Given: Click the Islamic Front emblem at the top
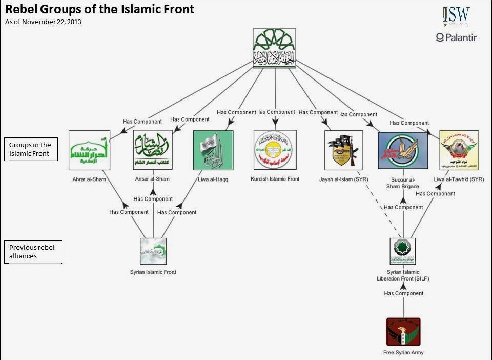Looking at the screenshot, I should (x=275, y=48).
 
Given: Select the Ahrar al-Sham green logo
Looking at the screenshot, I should (x=90, y=150).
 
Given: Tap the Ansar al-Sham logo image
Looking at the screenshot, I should (x=153, y=150).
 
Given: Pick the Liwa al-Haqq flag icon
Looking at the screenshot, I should (x=213, y=150).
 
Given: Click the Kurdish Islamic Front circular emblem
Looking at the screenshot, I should (x=275, y=150).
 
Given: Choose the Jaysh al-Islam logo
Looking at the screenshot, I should (x=344, y=150).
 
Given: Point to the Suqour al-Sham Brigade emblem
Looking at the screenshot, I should (x=403, y=150).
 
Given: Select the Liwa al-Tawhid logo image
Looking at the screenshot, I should (x=459, y=150).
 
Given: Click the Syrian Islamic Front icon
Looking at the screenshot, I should (x=153, y=251).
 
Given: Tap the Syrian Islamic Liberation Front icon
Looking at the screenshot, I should (x=403, y=251).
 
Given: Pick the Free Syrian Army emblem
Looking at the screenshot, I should (x=403, y=332).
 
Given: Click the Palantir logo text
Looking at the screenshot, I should (x=456, y=37).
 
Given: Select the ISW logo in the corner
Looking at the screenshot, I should (x=456, y=16).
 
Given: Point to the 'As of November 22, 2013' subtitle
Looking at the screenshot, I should (x=43, y=22).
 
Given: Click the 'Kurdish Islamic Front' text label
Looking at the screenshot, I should (x=275, y=179).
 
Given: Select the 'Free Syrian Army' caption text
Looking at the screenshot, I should (x=403, y=353).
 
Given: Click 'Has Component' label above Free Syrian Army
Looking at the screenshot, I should (x=404, y=293).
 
